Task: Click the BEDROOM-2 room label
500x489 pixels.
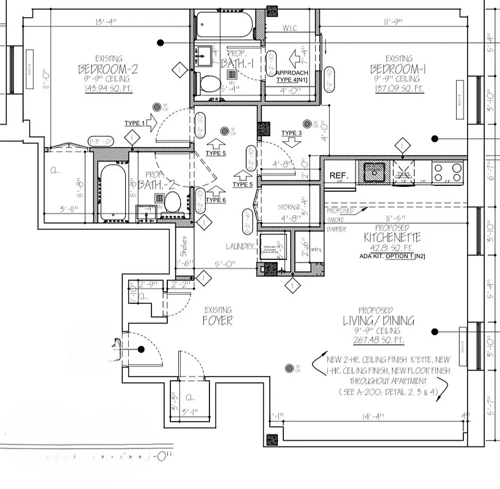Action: [x=108, y=69]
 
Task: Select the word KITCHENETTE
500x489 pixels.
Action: [x=389, y=236]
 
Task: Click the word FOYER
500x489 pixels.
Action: [x=218, y=320]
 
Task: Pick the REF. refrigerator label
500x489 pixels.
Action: [x=338, y=175]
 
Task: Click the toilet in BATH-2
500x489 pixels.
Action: [x=172, y=201]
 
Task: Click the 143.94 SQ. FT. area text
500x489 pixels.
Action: [x=108, y=89]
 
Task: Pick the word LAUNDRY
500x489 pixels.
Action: [x=239, y=246]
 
